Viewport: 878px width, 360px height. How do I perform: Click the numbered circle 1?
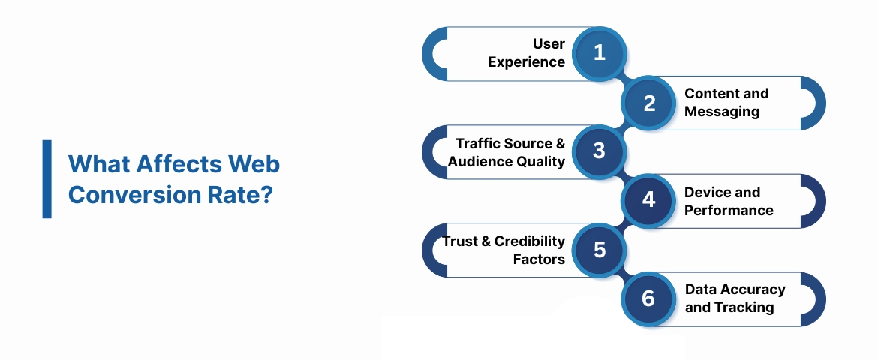[599, 53]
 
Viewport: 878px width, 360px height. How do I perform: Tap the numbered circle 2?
[649, 103]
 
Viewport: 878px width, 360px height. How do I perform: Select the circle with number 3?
[599, 151]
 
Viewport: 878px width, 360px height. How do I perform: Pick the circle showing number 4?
[649, 200]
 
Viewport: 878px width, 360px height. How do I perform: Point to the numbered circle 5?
[599, 250]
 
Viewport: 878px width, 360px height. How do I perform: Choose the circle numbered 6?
[649, 298]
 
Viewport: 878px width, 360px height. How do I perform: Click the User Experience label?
[527, 53]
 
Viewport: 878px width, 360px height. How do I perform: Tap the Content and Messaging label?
[726, 103]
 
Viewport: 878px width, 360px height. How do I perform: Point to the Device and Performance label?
[728, 201]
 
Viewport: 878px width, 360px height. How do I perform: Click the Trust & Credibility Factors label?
[504, 250]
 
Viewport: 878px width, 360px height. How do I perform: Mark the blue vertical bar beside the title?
[47, 179]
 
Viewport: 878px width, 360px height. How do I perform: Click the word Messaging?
[722, 112]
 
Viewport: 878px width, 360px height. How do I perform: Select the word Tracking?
[744, 307]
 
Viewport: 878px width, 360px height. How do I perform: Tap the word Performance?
[728, 210]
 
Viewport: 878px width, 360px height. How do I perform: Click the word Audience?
[481, 161]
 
